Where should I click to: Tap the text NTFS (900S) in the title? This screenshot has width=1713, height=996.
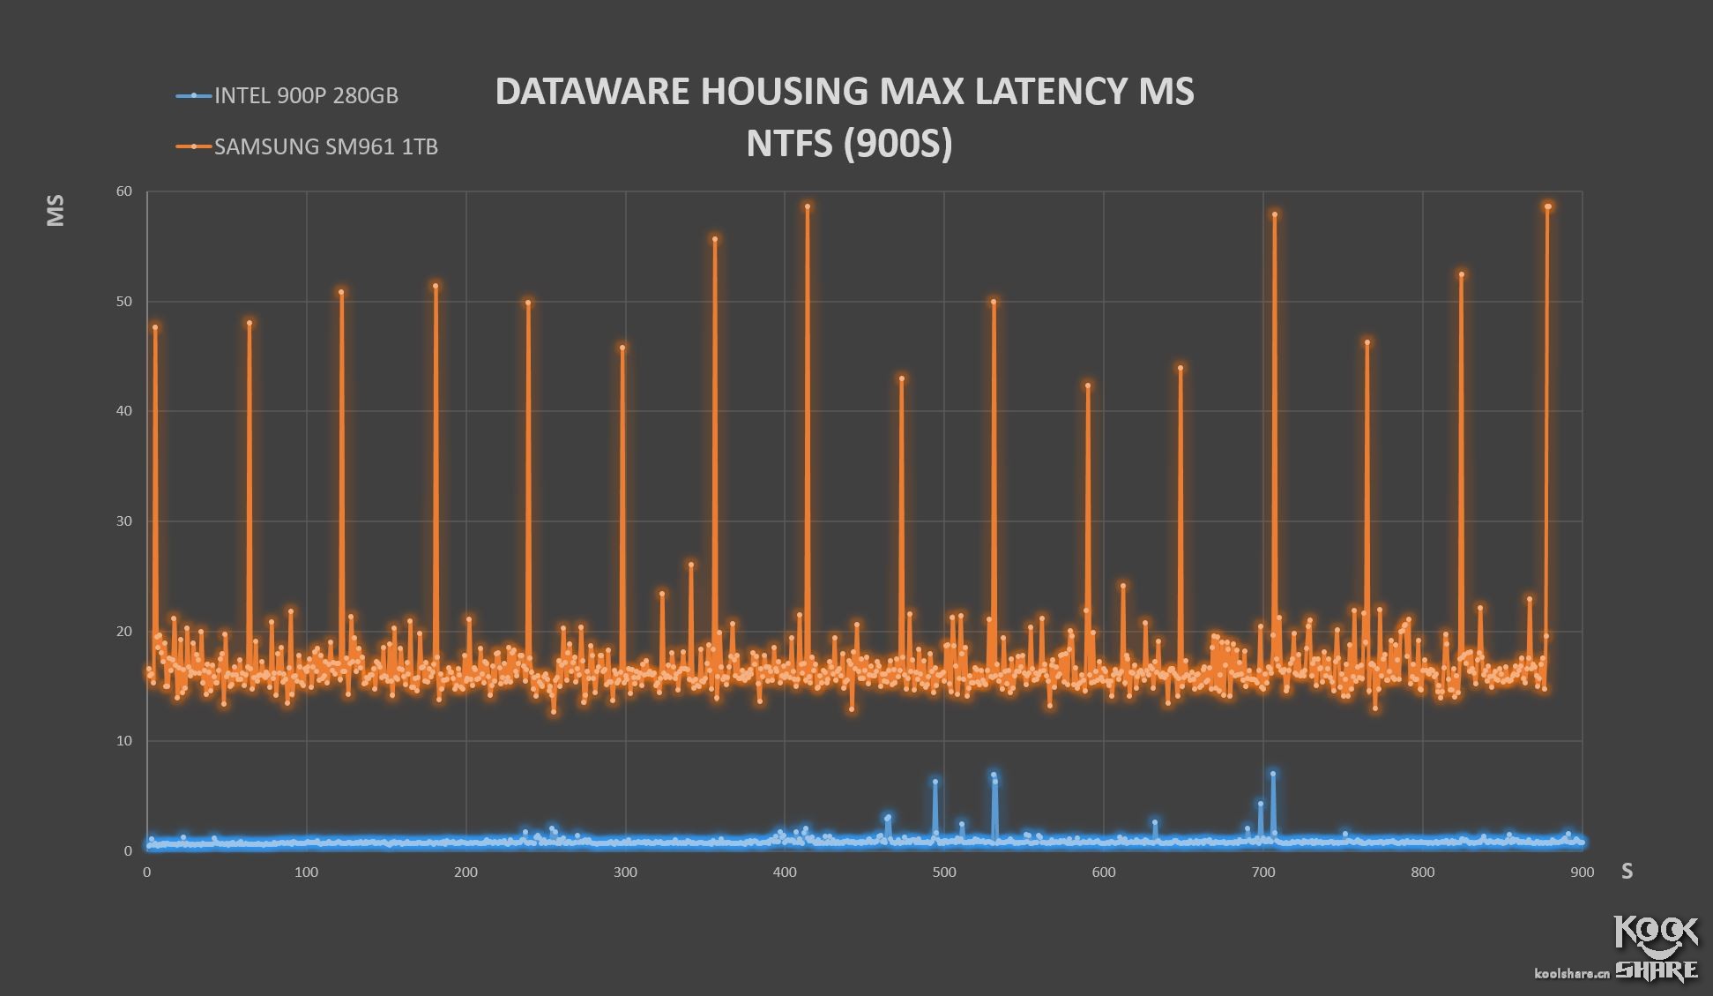pos(848,144)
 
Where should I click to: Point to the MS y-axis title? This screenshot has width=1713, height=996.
pos(56,211)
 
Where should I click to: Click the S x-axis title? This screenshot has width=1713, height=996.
pos(1627,872)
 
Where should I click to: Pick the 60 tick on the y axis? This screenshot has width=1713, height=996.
pos(123,191)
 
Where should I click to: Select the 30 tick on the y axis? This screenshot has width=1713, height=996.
pos(123,521)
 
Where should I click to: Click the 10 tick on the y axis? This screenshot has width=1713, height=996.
pos(123,741)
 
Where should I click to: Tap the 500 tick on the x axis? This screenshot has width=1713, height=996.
pos(944,872)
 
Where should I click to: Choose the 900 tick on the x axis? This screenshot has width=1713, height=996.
pos(1583,872)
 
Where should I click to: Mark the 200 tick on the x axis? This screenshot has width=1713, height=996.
pos(465,872)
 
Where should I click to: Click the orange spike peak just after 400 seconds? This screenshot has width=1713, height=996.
pos(808,206)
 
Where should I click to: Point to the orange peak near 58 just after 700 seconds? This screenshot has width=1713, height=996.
pos(1275,214)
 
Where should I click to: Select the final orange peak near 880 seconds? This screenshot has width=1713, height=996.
pos(1548,206)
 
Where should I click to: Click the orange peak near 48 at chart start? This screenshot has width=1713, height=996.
pos(155,327)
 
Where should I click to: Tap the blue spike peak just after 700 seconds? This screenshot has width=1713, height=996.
pos(1273,775)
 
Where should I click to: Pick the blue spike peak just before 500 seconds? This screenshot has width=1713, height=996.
pos(935,782)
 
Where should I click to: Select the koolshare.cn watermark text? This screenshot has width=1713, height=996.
pos(1572,973)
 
